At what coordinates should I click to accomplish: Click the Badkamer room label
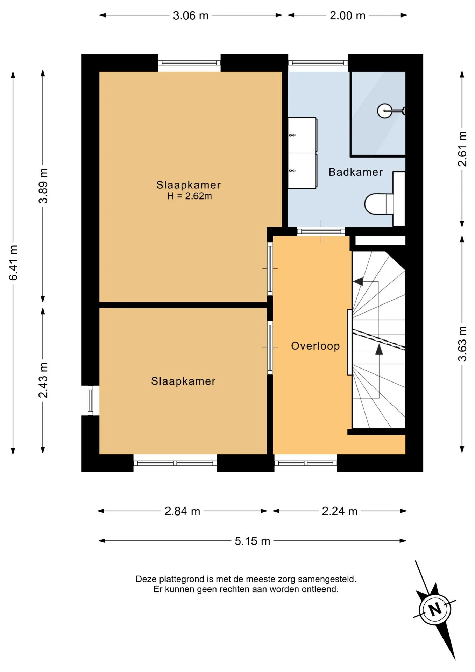(355, 172)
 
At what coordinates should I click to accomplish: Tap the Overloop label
(316, 346)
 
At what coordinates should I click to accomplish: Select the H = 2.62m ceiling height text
(189, 196)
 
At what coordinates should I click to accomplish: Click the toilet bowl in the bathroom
(378, 204)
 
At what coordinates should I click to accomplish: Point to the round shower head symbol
(384, 111)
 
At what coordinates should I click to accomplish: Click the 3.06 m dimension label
(191, 15)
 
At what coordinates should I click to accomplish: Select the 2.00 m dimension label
(347, 15)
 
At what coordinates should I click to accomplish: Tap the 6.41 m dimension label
(13, 263)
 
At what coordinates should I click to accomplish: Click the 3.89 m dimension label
(43, 185)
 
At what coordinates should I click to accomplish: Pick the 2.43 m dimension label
(43, 380)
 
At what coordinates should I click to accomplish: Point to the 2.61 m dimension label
(462, 149)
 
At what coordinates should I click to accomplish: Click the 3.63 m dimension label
(462, 343)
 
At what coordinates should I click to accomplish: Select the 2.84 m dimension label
(182, 511)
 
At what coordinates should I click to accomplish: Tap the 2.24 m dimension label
(340, 511)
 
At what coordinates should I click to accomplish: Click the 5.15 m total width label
(252, 541)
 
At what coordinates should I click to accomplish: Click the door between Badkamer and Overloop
(321, 231)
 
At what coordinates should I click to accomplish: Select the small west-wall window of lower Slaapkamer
(90, 400)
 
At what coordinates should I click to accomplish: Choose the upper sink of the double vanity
(302, 135)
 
